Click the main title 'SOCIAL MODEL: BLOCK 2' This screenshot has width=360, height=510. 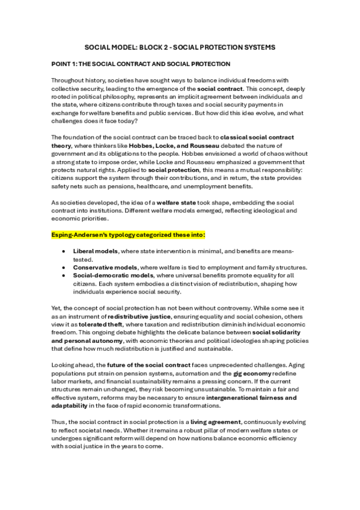[180, 46]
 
